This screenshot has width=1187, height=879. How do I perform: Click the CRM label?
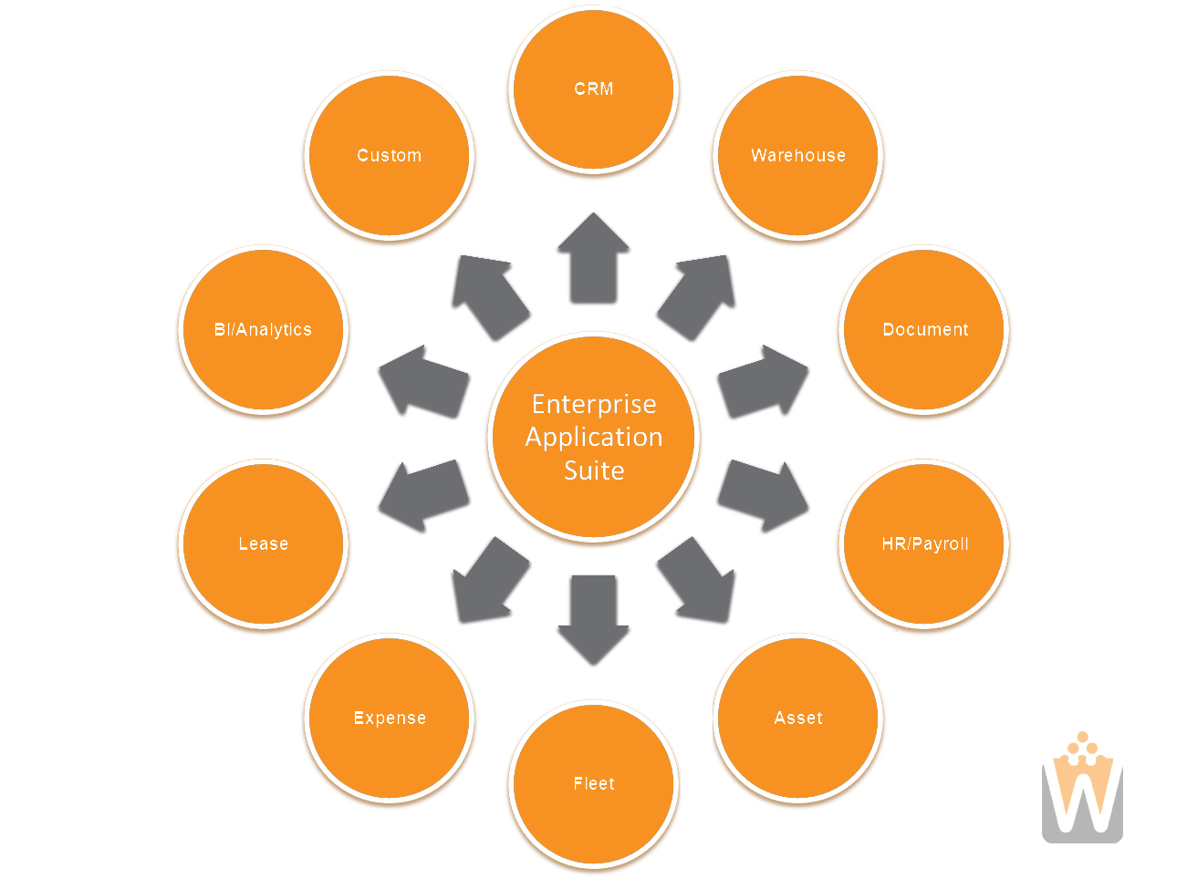tap(593, 88)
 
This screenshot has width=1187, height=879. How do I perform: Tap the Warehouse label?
tap(797, 155)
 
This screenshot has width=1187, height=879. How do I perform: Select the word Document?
tap(924, 329)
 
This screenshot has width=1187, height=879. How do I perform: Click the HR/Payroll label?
tap(924, 543)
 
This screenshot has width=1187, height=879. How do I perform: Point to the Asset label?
tap(797, 718)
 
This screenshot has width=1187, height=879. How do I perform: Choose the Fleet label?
tap(593, 783)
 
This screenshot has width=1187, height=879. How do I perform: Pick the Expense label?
tap(389, 718)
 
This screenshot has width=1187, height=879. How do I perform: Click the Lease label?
tap(263, 543)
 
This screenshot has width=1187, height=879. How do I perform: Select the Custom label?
tap(389, 155)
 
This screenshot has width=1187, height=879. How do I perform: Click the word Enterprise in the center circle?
tap(593, 405)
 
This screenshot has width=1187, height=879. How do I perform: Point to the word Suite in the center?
tap(593, 471)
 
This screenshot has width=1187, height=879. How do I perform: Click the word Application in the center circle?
tap(593, 438)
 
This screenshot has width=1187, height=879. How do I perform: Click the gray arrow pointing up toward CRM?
tap(593, 258)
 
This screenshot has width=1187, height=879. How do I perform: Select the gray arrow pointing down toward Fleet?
tap(593, 619)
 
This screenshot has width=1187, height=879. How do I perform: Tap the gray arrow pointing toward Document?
tap(762, 381)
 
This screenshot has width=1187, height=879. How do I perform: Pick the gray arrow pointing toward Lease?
tap(424, 495)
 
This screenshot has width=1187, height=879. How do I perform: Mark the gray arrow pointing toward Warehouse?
tap(696, 297)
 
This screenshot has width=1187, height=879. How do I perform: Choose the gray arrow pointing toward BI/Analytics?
tap(424, 381)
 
